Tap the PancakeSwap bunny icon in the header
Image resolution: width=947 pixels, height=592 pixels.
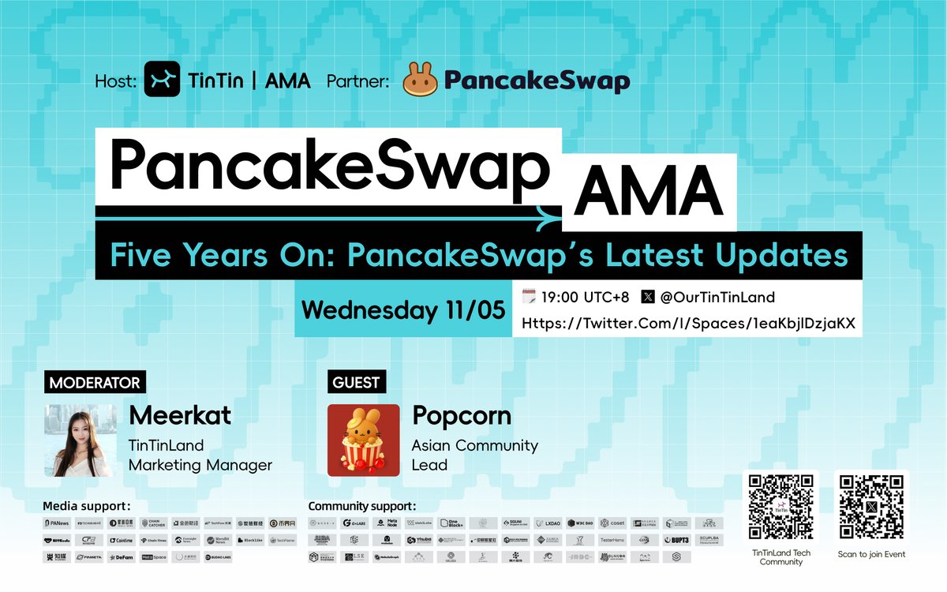click(419, 80)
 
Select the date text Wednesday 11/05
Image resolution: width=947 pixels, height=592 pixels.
click(402, 309)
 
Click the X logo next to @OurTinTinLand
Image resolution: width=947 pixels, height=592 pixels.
click(649, 298)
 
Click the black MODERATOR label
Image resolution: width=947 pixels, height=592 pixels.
click(95, 383)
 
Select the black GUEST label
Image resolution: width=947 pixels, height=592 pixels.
click(356, 383)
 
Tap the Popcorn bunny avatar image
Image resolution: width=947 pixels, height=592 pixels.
click(363, 440)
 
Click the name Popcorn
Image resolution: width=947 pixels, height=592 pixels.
click(462, 416)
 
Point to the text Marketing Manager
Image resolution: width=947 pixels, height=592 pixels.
click(200, 465)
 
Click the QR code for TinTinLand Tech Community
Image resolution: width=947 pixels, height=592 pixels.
click(780, 507)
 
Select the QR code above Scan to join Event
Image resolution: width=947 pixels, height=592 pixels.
click(871, 507)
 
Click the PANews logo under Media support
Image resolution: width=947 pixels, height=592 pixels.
click(58, 523)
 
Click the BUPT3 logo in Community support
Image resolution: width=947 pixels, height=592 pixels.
click(677, 540)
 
